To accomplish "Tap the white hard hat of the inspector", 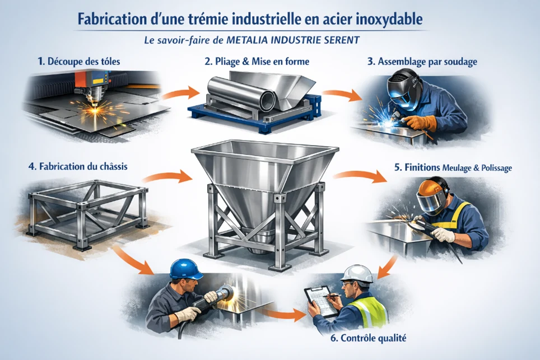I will point(356,273).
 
